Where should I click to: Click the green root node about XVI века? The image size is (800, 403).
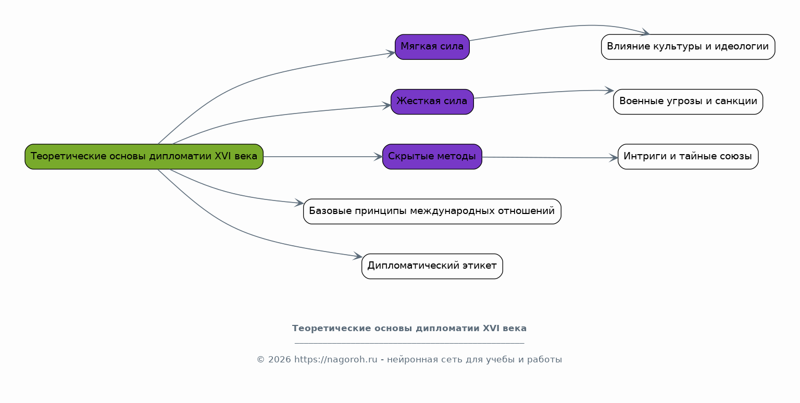click(144, 157)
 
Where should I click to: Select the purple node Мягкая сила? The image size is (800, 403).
click(432, 47)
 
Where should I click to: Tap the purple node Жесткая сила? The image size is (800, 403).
click(432, 102)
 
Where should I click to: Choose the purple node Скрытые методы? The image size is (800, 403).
click(432, 157)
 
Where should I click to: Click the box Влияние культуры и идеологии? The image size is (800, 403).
click(688, 47)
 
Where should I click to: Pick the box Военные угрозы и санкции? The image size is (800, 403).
click(688, 102)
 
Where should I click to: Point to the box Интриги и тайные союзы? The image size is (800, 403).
click(688, 157)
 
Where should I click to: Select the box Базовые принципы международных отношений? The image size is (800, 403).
click(432, 212)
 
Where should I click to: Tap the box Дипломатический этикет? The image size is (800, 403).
click(432, 266)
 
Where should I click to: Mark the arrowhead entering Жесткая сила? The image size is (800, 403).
click(387, 106)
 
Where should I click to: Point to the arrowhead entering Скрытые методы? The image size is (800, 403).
click(379, 157)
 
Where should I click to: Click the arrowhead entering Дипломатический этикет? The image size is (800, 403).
click(358, 256)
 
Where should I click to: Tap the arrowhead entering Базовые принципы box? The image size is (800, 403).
click(299, 203)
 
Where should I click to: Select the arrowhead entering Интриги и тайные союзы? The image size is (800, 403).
click(614, 158)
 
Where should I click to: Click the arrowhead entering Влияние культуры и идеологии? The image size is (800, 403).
click(645, 32)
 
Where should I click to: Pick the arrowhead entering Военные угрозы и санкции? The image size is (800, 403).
click(609, 91)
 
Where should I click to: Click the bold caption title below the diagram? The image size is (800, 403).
click(409, 329)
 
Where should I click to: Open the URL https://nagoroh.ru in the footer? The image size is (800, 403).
click(336, 359)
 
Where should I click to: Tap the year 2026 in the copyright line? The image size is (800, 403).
click(280, 359)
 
